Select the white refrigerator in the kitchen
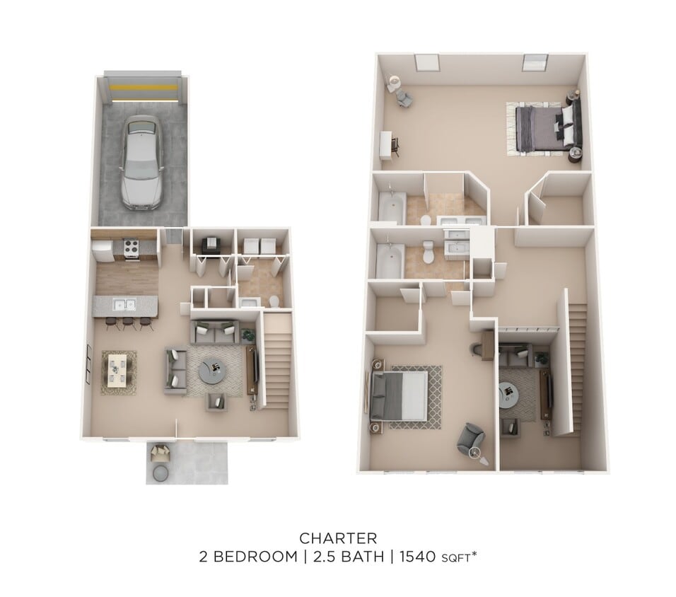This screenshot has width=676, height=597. pyautogui.click(x=102, y=250)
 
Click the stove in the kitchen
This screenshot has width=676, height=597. pyautogui.click(x=131, y=250)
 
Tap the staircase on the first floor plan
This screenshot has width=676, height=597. pyautogui.click(x=276, y=361)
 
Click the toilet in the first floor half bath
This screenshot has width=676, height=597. pyautogui.click(x=274, y=302)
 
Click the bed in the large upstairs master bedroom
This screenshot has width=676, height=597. pyautogui.click(x=541, y=128)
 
